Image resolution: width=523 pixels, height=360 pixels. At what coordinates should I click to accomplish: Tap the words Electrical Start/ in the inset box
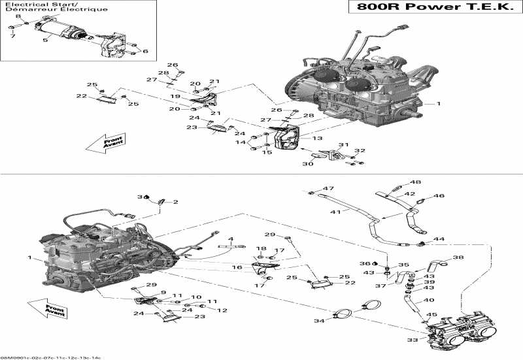[x=30, y=4]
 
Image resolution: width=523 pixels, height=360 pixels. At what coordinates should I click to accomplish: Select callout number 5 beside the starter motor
[x=45, y=41]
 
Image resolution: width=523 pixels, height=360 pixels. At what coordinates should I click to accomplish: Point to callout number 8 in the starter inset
[x=18, y=16]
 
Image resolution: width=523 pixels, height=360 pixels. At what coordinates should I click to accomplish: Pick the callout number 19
[x=175, y=96]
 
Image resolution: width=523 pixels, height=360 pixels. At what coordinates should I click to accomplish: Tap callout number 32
[x=359, y=150]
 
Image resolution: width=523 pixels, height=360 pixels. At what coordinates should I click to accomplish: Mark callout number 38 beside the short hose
[x=458, y=257]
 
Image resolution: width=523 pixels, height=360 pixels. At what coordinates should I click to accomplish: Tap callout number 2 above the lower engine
[x=176, y=203]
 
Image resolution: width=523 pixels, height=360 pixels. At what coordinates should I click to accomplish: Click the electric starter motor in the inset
[x=62, y=30]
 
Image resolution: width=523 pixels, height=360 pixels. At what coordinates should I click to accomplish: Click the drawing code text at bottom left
[x=51, y=357]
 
